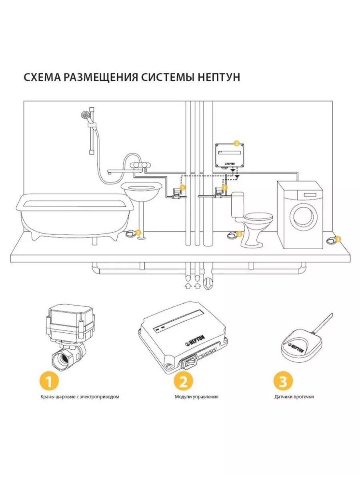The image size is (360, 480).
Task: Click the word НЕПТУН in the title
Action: coord(219,77)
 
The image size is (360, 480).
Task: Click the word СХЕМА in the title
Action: coord(42,77)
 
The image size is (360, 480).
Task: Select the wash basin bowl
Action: coord(142,190)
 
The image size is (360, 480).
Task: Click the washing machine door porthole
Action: coord(304,216)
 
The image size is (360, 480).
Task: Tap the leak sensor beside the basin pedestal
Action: coord(132,232)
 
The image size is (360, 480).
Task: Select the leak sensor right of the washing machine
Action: coord(332,240)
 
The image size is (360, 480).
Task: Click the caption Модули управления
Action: coord(196,397)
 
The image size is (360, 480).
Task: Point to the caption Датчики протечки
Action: coord(294,397)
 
